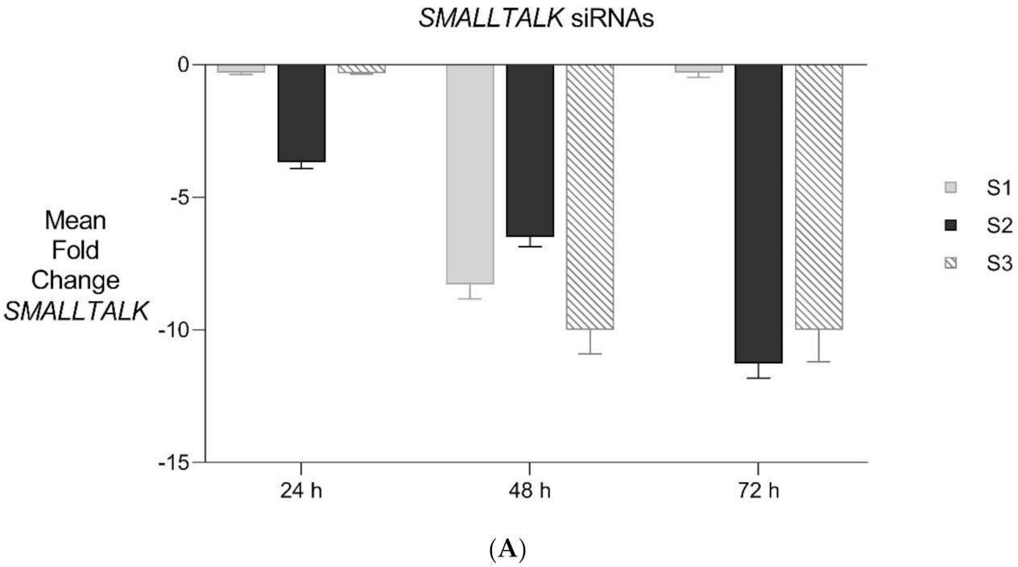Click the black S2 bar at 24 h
tap(301, 113)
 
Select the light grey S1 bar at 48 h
tap(470, 174)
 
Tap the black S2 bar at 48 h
tap(530, 150)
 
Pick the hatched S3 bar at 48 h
tap(590, 197)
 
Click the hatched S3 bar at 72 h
tap(819, 197)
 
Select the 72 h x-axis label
tap(758, 490)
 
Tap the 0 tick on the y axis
tap(183, 64)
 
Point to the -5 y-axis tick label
tap(180, 197)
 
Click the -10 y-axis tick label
tap(176, 330)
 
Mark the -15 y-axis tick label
tap(176, 463)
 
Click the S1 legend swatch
tap(950, 188)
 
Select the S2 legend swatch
tap(950, 226)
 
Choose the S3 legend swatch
tap(950, 263)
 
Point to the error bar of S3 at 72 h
tap(819, 346)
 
